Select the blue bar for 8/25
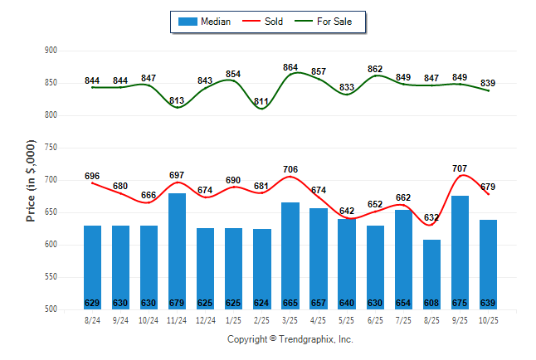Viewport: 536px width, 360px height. click(x=431, y=274)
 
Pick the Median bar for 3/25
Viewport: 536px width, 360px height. click(x=290, y=253)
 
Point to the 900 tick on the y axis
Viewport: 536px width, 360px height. click(x=51, y=51)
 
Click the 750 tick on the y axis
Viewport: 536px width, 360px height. click(x=51, y=148)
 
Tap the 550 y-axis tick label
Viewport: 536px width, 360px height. click(x=51, y=277)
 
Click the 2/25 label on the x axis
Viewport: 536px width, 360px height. click(x=261, y=319)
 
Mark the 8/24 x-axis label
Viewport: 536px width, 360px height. click(x=92, y=319)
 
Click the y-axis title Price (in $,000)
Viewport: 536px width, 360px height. click(x=31, y=180)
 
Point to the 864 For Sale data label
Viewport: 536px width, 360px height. click(x=290, y=67)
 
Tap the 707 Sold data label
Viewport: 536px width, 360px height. click(x=459, y=168)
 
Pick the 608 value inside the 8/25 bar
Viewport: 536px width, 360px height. click(x=431, y=303)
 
